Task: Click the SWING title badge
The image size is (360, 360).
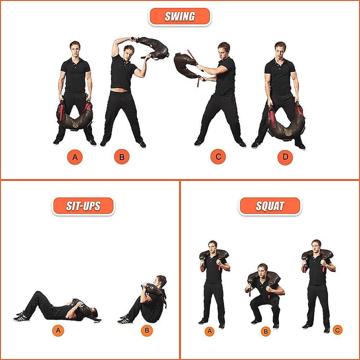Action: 180,17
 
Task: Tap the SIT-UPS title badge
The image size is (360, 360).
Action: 83,206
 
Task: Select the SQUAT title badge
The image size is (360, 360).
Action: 270,206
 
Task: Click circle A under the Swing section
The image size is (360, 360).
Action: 75,157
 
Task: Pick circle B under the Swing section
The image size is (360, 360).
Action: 121,157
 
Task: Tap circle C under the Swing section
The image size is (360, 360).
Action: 218,157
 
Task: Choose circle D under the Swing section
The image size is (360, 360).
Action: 285,157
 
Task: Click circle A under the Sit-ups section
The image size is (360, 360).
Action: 58,331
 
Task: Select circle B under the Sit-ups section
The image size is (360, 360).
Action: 147,331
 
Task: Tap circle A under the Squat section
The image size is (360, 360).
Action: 209,332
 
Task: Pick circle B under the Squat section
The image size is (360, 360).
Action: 265,332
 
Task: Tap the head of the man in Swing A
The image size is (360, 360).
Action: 75,47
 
